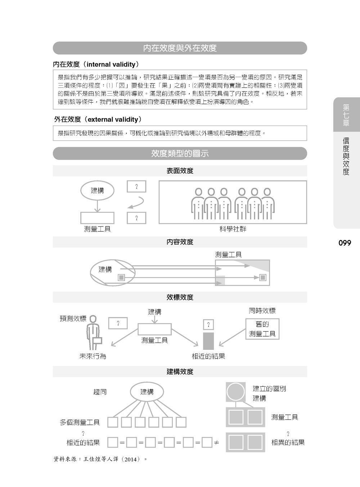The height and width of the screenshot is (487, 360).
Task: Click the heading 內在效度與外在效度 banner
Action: pos(180,48)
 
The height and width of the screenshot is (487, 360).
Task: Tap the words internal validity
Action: pos(111,64)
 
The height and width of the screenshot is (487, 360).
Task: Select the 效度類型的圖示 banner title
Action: pos(180,154)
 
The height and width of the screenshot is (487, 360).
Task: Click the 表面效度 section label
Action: pos(180,171)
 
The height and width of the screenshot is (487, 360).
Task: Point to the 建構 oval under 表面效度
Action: pos(97,190)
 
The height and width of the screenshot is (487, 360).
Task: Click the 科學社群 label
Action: pos(233,229)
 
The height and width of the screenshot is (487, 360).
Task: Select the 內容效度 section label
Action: pos(180,242)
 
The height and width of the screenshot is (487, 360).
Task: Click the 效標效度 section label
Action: pos(180,297)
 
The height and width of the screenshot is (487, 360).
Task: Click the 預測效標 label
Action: pos(73,319)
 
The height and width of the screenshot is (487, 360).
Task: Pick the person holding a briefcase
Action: pos(94,333)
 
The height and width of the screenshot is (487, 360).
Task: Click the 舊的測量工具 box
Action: pos(262,329)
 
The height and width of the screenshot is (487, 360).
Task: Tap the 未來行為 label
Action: pos(93,356)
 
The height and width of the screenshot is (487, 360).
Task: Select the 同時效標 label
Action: pos(262,311)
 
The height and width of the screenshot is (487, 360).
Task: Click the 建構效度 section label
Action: pos(180,371)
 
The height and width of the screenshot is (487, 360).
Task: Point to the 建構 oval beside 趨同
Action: pos(147,392)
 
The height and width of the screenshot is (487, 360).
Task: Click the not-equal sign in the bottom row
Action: pos(216,442)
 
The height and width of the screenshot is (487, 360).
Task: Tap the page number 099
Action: pos(345,243)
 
